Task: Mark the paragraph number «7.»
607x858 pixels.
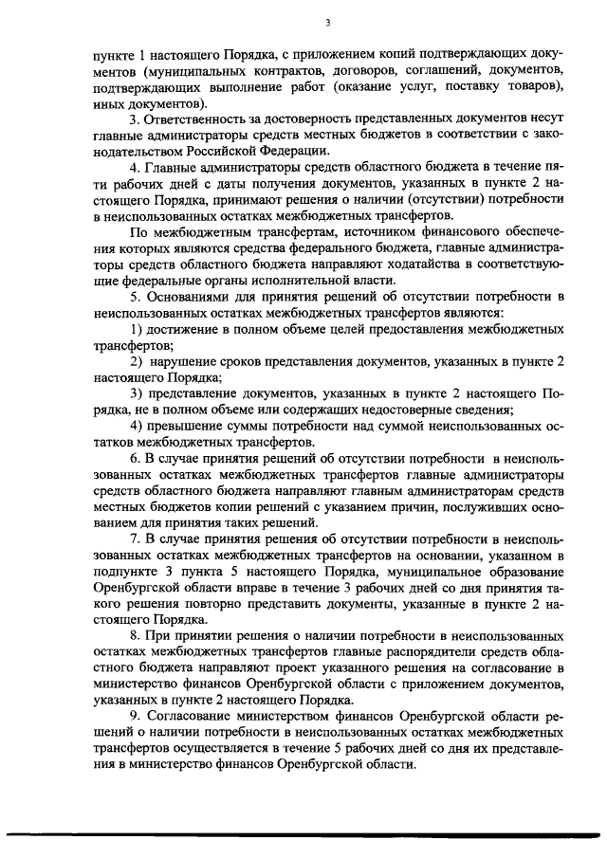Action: [x=136, y=537]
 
